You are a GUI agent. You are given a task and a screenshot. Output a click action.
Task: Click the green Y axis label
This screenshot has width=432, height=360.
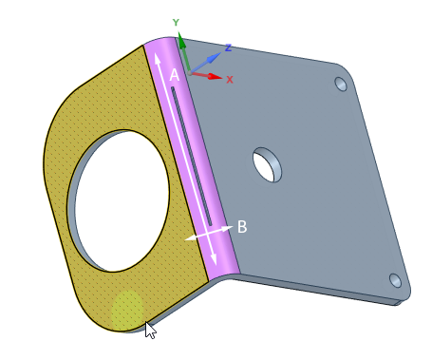coord(176,23)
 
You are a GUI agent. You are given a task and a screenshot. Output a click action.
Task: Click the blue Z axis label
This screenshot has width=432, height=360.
coord(228,47)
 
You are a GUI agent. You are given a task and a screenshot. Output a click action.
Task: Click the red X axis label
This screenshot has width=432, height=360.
coord(230,80)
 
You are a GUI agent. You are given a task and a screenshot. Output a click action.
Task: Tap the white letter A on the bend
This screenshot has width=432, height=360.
coord(175,75)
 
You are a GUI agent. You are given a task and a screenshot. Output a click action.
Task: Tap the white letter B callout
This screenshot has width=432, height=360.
coord(242,227)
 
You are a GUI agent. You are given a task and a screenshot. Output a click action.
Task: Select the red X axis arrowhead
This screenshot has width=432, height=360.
coord(216,76)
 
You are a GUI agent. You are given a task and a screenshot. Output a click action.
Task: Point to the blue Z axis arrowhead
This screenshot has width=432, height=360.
coord(216,57)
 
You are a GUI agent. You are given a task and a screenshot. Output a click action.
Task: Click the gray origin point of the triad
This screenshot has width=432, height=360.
coord(189,73)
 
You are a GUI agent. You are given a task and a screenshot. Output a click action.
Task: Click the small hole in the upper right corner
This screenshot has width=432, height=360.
coord(341,84)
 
